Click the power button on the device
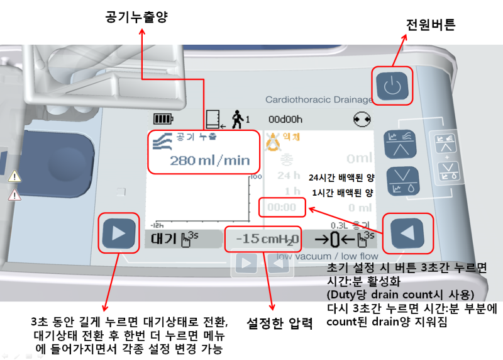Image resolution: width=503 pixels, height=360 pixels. point(392,86)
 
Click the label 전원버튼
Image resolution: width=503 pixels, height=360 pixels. point(431,25)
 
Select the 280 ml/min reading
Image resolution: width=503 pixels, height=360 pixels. point(209,160)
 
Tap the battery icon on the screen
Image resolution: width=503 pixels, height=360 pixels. point(163,118)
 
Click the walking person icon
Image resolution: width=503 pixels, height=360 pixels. point(237,118)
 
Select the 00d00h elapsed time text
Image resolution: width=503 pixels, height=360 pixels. point(285,118)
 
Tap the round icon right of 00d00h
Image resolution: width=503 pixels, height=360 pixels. point(363,118)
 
